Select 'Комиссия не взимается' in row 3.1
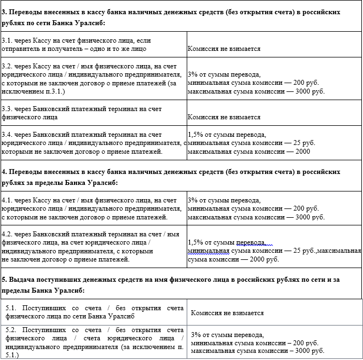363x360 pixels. point(223,49)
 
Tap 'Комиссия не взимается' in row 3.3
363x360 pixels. point(223,117)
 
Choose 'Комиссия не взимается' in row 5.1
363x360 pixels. point(227,313)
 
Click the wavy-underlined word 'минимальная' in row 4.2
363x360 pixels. point(206,251)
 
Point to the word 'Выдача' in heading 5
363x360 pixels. point(24,279)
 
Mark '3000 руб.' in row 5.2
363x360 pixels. point(308,350)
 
